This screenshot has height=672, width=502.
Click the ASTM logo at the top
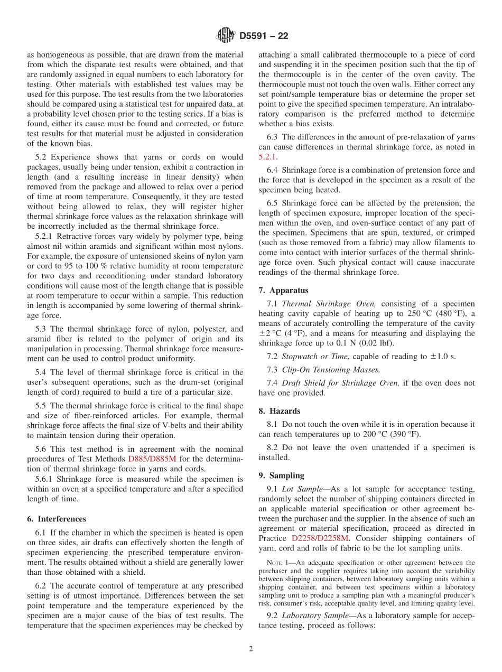pyautogui.click(x=226, y=36)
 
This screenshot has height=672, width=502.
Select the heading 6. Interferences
pyautogui.click(x=57, y=519)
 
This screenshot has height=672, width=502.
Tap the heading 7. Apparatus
pyautogui.click(x=283, y=290)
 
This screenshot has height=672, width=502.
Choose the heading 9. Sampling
pyautogui.click(x=281, y=475)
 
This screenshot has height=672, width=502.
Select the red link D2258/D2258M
pyautogui.click(x=320, y=538)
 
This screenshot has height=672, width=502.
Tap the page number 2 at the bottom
pyautogui.click(x=251, y=649)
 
